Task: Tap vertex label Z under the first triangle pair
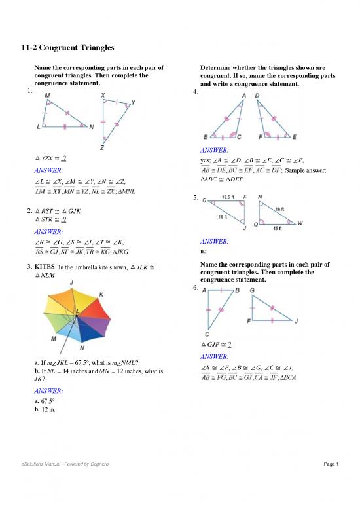(101, 148)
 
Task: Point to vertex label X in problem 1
(103, 96)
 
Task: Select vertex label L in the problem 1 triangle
(40, 127)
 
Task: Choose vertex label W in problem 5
(300, 224)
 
